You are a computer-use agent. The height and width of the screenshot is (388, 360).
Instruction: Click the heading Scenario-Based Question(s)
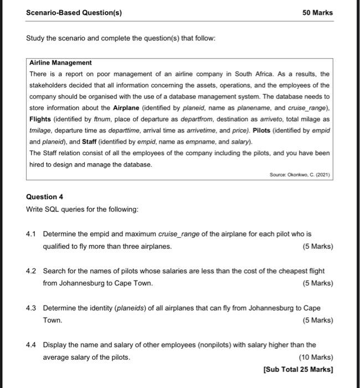coord(74,12)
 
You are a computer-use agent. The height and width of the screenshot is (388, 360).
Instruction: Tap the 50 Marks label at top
coord(318,12)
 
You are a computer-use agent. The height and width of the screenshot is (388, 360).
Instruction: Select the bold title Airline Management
coord(60,63)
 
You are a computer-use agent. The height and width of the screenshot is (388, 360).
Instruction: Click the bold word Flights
coord(43,119)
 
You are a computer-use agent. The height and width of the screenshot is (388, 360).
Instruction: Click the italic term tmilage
coord(42,130)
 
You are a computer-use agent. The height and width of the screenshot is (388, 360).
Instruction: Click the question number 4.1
coord(32,234)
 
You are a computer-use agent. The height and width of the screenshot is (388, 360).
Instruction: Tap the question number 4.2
coord(32,272)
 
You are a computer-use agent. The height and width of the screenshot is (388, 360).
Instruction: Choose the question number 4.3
coord(32,308)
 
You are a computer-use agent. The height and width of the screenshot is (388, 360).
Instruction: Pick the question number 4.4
coord(32,345)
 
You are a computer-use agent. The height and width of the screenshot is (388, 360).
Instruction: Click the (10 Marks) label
coord(316,358)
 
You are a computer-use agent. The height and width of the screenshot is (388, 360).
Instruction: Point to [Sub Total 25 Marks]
coord(299,370)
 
